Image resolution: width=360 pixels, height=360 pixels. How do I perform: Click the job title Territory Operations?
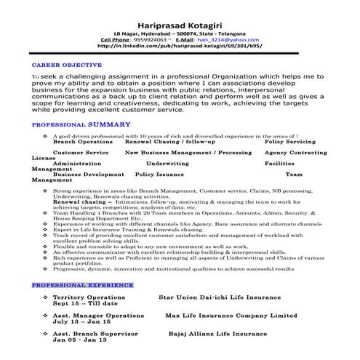coord(89,278)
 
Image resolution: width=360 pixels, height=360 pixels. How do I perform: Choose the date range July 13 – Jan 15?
coord(81,303)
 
